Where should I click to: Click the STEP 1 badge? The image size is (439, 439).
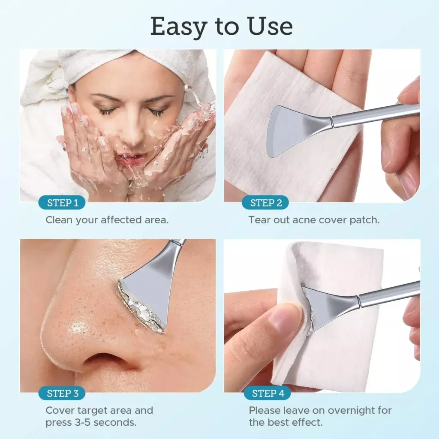point(63,203)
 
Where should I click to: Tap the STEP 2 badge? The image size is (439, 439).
point(266,203)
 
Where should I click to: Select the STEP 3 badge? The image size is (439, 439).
point(63,393)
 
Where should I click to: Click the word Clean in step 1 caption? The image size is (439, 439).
point(59,220)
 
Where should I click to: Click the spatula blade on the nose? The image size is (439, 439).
point(148,287)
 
